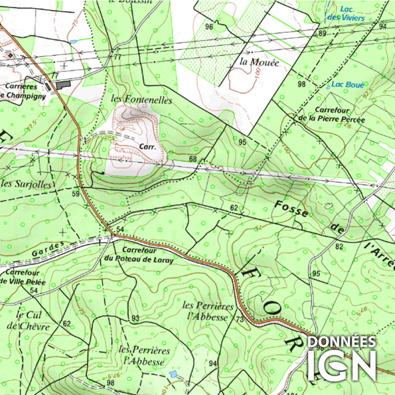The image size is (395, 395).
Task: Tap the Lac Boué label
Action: point(344,84)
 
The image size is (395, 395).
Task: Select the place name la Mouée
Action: point(259,63)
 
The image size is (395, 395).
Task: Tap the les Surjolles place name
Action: point(28,184)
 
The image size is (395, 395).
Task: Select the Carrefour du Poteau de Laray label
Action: point(139,254)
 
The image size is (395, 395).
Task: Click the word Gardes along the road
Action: point(49,249)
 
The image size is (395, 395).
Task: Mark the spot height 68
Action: point(193,159)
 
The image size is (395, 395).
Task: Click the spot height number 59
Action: point(76,194)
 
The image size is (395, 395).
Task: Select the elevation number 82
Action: point(339,246)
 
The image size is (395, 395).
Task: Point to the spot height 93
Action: point(135,317)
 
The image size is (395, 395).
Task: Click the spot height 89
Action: point(322,34)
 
